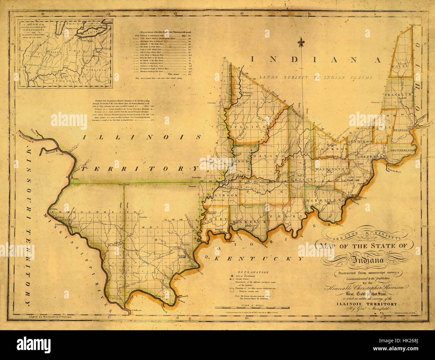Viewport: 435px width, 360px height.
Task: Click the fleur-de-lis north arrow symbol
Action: coord(302,42)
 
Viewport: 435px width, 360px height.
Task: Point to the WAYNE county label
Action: coord(400,66)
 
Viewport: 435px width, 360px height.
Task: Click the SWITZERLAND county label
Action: coord(403,151)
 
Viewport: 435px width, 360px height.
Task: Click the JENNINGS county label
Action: coord(360,142)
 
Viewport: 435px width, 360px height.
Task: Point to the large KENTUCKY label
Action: coord(259,259)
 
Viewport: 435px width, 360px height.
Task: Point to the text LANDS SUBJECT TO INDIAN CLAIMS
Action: coord(316,77)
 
